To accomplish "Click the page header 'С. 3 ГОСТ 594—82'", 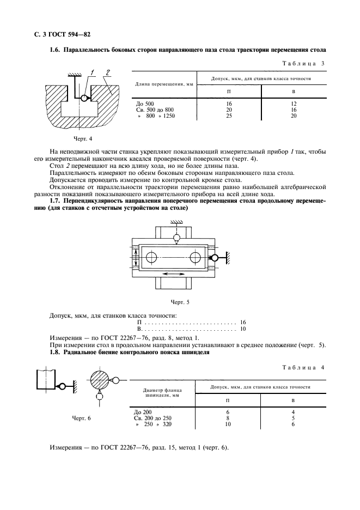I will (x=61, y=36).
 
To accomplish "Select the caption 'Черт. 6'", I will (x=82, y=418).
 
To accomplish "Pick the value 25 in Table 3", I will (x=229, y=116).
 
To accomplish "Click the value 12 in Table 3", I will (x=294, y=103).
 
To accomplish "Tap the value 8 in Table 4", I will (x=228, y=418).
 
